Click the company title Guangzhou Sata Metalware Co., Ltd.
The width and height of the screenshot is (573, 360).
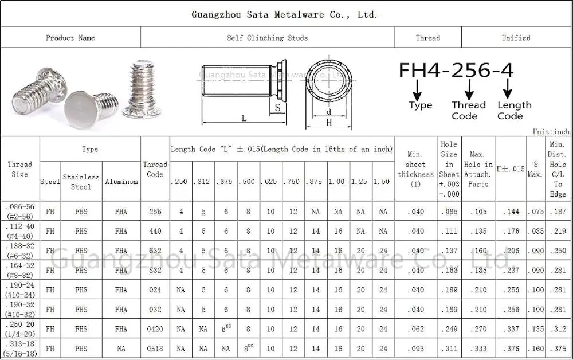[x=284, y=15]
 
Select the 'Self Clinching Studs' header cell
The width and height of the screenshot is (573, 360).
[x=267, y=38]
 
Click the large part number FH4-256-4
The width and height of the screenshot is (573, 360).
[x=456, y=70]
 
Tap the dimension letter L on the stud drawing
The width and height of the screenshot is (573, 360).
[x=244, y=118]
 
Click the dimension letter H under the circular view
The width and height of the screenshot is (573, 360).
[x=329, y=122]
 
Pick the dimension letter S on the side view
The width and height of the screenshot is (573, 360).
[x=278, y=107]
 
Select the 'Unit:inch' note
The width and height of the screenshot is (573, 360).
[x=551, y=132]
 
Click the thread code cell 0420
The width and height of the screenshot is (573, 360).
[x=155, y=329]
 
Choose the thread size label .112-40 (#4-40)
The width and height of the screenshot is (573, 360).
[x=20, y=231]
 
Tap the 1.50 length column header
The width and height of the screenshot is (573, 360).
[x=383, y=182]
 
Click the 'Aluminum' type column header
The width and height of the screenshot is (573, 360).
[x=121, y=182]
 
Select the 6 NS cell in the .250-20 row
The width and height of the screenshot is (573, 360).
[x=226, y=329]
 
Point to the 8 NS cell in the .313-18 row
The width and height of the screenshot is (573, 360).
[x=249, y=348]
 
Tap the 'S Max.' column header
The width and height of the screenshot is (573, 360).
[x=535, y=169]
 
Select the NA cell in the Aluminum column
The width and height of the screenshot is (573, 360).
[x=121, y=349]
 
